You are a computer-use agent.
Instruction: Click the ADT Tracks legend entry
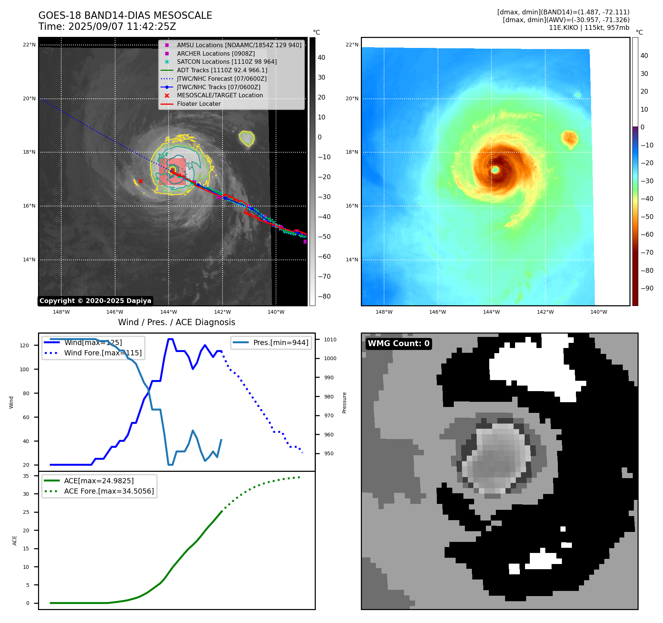coord(222,70)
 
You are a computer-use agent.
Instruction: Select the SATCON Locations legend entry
coord(227,62)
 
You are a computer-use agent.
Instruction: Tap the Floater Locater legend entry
coord(198,104)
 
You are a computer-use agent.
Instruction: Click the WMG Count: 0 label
coord(398,344)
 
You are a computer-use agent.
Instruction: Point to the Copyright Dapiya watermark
coord(95,301)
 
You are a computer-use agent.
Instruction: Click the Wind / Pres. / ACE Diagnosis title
coord(176,322)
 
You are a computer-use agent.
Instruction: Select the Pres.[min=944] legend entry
coord(280,342)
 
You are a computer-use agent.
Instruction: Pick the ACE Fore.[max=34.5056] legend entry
coord(109,491)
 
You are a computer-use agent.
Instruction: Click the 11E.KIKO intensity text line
coord(589,28)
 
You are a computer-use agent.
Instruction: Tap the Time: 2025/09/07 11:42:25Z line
coord(107,27)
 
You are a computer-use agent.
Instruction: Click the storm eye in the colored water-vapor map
coord(495,170)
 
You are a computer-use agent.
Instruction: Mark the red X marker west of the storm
coord(141,181)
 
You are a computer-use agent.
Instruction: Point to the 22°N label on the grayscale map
coord(30,45)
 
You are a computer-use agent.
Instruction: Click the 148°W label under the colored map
coord(384,312)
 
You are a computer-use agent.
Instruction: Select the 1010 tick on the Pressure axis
coord(330,340)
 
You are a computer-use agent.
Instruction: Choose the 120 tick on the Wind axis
coord(24,345)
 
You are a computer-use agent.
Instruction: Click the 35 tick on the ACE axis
coord(26,476)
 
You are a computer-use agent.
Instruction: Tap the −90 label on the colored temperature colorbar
coord(647,288)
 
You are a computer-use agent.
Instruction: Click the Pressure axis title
coord(344,403)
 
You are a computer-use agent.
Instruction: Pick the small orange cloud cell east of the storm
coord(570,138)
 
